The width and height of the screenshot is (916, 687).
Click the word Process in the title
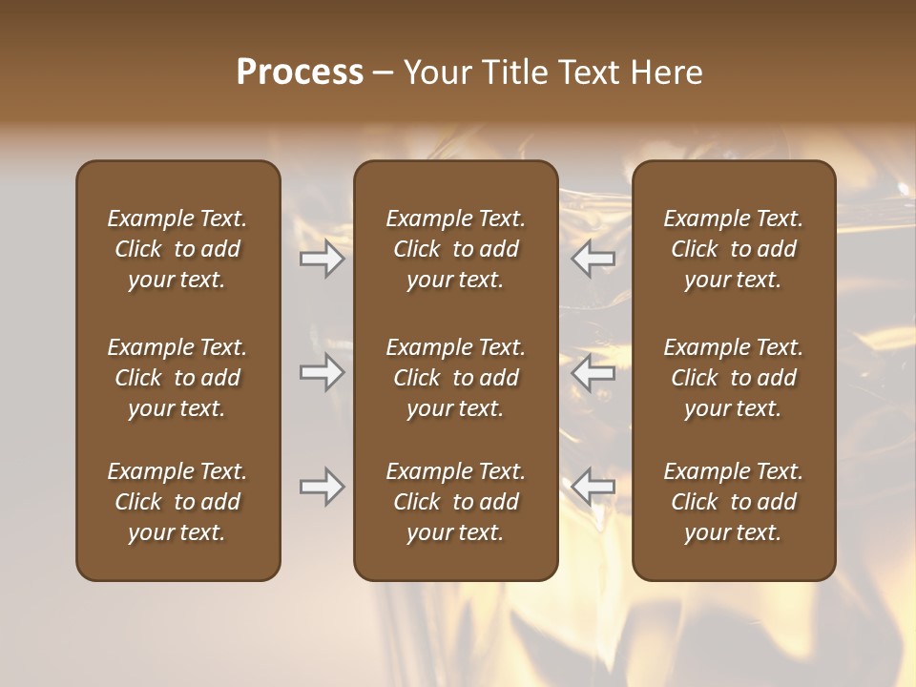300,73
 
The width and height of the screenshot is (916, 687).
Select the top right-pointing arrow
322,259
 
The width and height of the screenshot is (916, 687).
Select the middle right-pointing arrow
322,372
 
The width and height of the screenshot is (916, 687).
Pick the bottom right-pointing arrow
322,487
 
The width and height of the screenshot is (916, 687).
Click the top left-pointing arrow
593,259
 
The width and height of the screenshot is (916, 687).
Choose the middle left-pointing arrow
593,372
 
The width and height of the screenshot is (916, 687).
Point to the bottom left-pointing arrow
593,487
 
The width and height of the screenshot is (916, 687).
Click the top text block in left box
177,249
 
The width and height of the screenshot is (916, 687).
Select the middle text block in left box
177,378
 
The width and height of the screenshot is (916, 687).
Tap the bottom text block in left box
177,502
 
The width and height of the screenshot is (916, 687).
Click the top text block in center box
455,249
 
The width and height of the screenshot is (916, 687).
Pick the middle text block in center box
455,378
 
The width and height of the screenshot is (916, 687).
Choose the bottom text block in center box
455,502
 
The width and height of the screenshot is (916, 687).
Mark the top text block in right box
733,249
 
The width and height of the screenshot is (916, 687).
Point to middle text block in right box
733,378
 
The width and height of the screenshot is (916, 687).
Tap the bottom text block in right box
733,502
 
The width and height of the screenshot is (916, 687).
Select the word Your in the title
436,73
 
